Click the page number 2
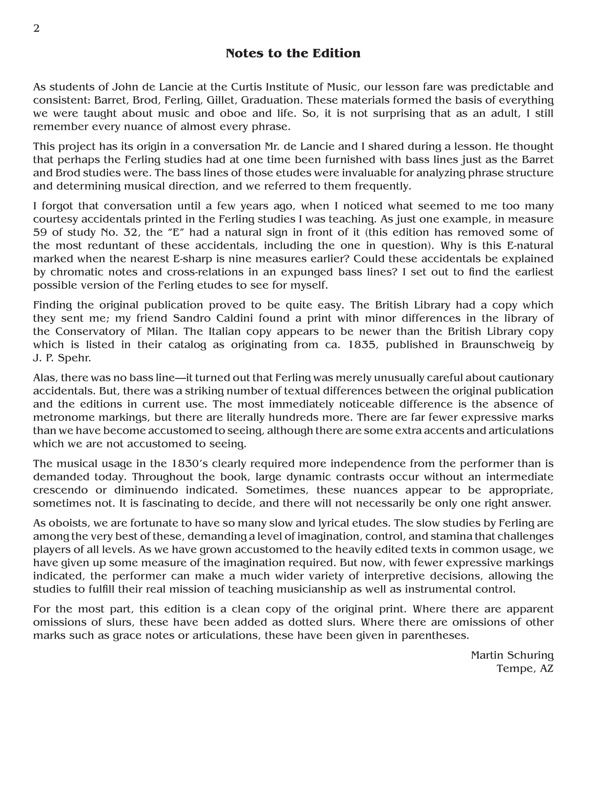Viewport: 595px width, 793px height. pyautogui.click(x=36, y=28)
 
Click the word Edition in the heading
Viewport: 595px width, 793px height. pyautogui.click(x=336, y=54)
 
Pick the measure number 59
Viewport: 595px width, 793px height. pyautogui.click(x=40, y=232)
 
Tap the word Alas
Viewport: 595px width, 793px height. pyautogui.click(x=45, y=378)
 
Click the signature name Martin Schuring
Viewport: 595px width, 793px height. pyautogui.click(x=512, y=655)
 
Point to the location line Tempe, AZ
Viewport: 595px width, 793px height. pyautogui.click(x=525, y=669)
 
